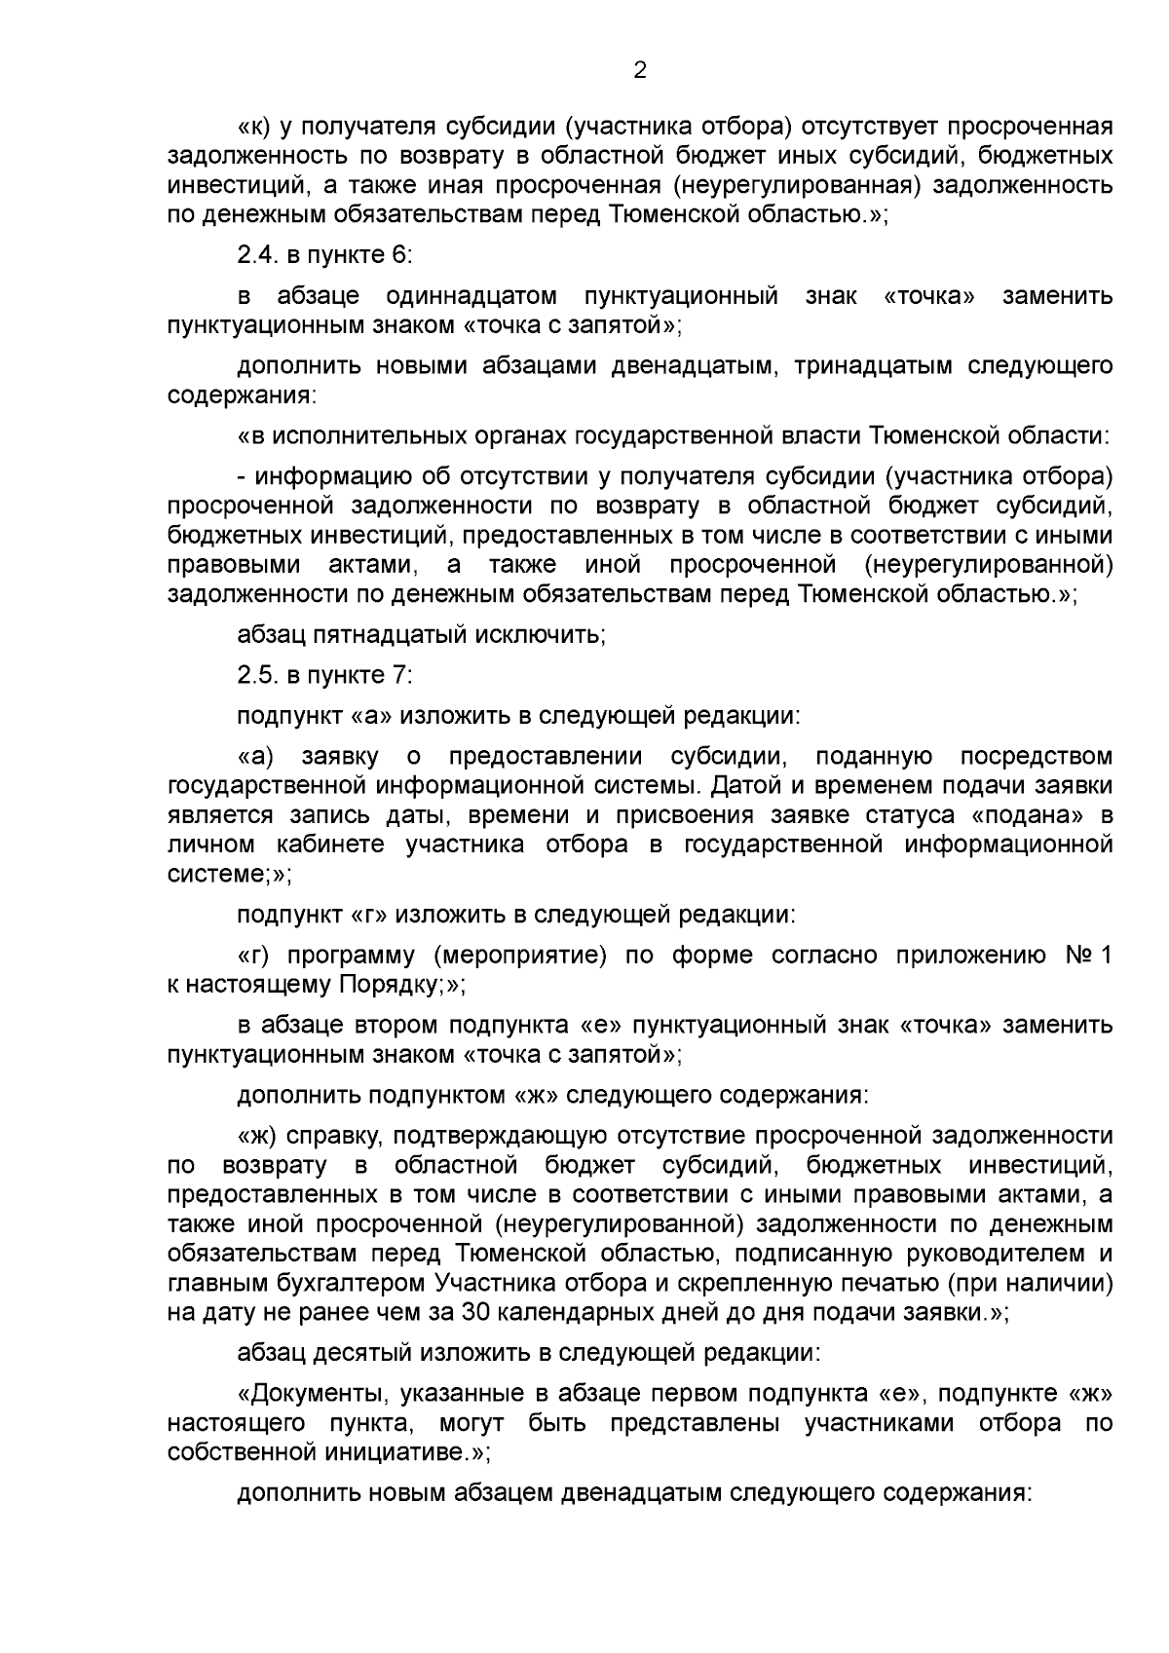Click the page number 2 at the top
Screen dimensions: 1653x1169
pos(640,71)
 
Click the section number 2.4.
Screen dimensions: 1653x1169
pos(258,255)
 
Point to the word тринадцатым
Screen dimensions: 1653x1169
pos(869,366)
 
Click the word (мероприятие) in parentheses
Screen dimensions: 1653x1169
pos(518,956)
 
